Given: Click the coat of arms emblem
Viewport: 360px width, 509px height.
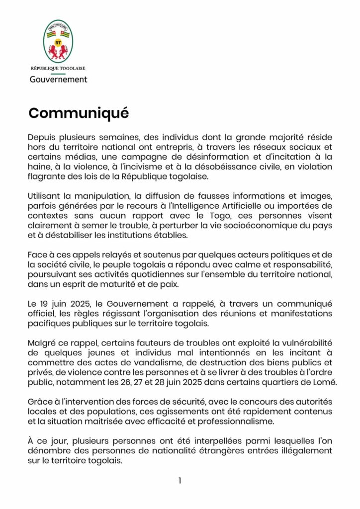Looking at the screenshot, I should [x=58, y=41].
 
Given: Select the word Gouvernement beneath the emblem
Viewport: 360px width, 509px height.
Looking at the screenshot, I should [x=58, y=79].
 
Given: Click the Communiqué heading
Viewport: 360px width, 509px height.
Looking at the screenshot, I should [x=79, y=113].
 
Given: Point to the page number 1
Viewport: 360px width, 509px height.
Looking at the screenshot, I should [x=180, y=480].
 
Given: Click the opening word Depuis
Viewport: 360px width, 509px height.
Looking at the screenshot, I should [x=41, y=137].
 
